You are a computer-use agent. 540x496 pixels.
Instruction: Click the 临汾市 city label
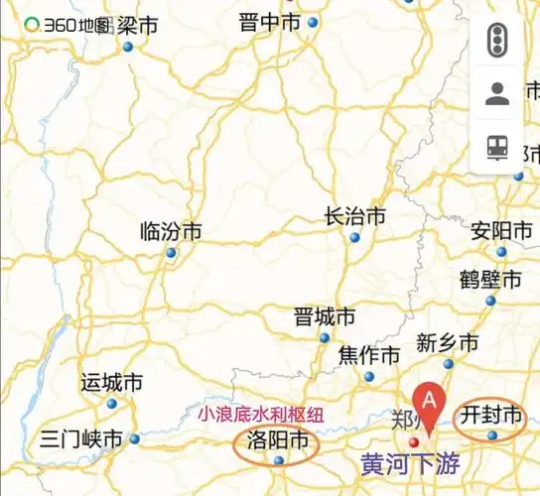[172, 232]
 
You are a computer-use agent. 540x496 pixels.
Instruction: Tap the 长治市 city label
[355, 216]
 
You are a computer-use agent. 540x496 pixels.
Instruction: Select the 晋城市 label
[325, 317]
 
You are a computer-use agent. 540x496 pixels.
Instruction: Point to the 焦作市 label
[369, 355]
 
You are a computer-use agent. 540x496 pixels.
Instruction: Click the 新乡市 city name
[447, 343]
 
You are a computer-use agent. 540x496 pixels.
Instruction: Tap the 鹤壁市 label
[490, 280]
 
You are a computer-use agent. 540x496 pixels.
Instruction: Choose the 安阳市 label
[502, 231]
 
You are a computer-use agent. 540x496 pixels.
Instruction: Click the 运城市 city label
[111, 382]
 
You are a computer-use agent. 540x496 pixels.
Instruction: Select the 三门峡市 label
[82, 438]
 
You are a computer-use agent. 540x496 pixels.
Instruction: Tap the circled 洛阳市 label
[277, 441]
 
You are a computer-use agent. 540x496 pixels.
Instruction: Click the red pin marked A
[429, 402]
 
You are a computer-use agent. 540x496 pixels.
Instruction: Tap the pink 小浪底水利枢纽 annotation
[261, 415]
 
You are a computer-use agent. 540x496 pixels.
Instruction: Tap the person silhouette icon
[497, 94]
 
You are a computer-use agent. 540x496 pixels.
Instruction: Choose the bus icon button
[497, 147]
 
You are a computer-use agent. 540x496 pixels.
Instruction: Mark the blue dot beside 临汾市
[171, 253]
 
